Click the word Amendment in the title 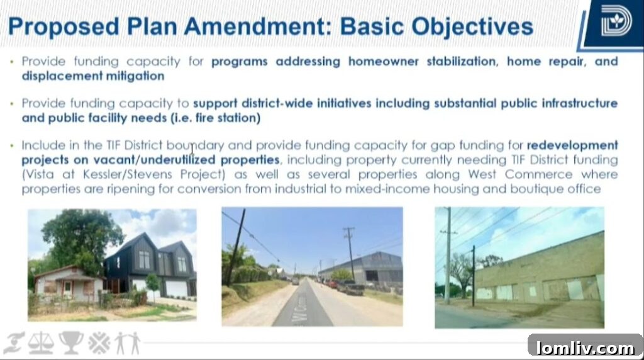point(258,27)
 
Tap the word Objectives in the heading point(472,27)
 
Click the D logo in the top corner point(616,21)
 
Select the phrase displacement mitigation point(93,76)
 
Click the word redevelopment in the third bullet point(572,145)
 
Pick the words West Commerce point(520,174)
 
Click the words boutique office point(555,189)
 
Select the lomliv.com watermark point(586,348)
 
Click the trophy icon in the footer point(70,342)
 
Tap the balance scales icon point(41,343)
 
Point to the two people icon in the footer point(127,343)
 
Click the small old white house point(68,284)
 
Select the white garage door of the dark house point(176,288)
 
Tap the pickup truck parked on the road point(350,287)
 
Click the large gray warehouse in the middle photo point(362,267)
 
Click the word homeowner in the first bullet point(383,61)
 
